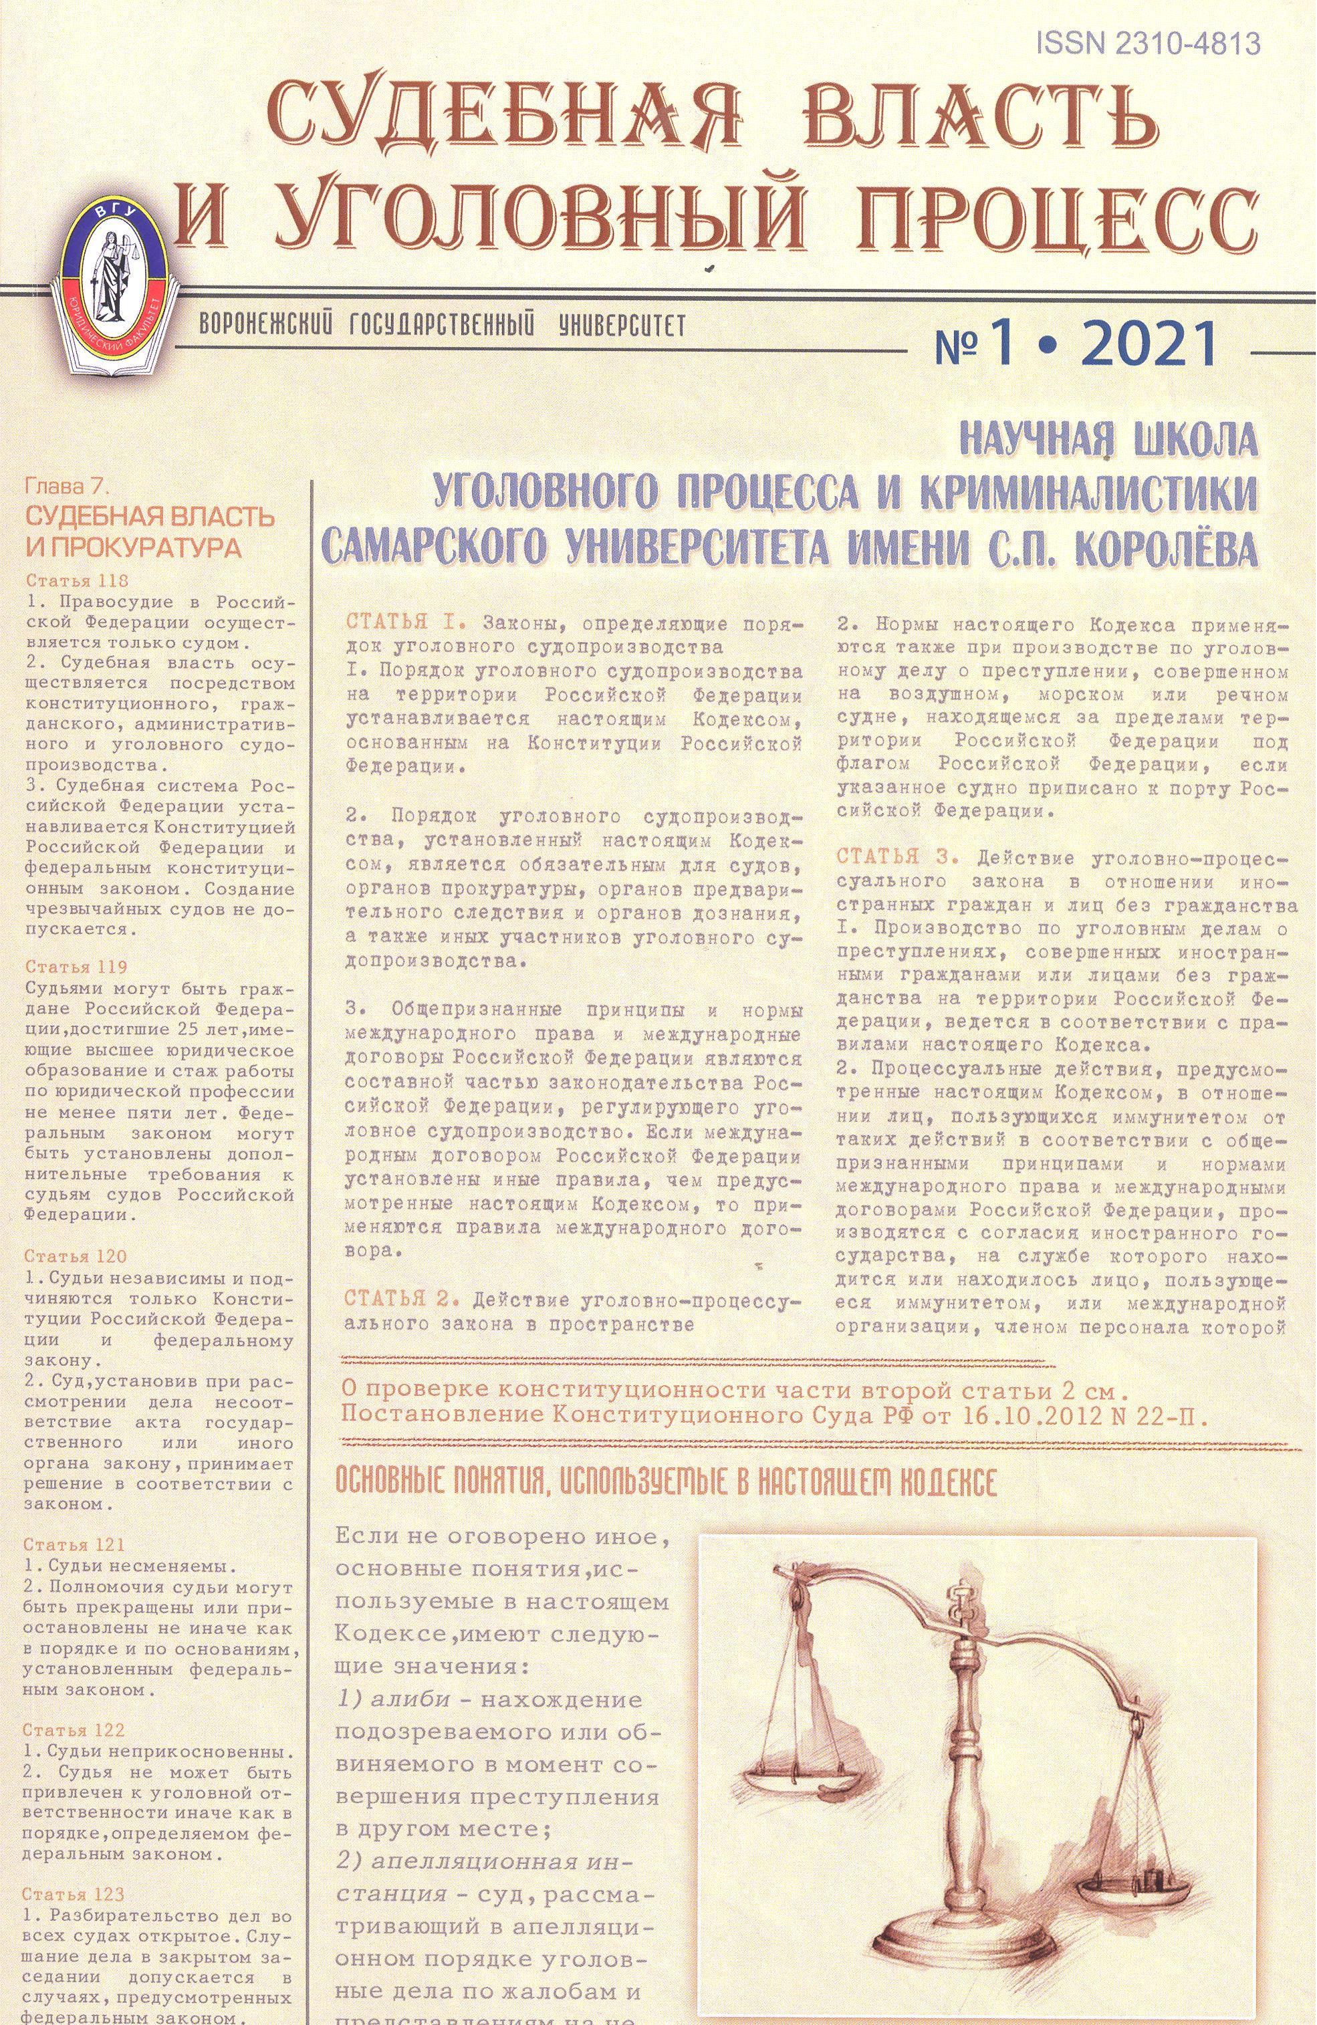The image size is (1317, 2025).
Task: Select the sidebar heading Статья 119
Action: [77, 967]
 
